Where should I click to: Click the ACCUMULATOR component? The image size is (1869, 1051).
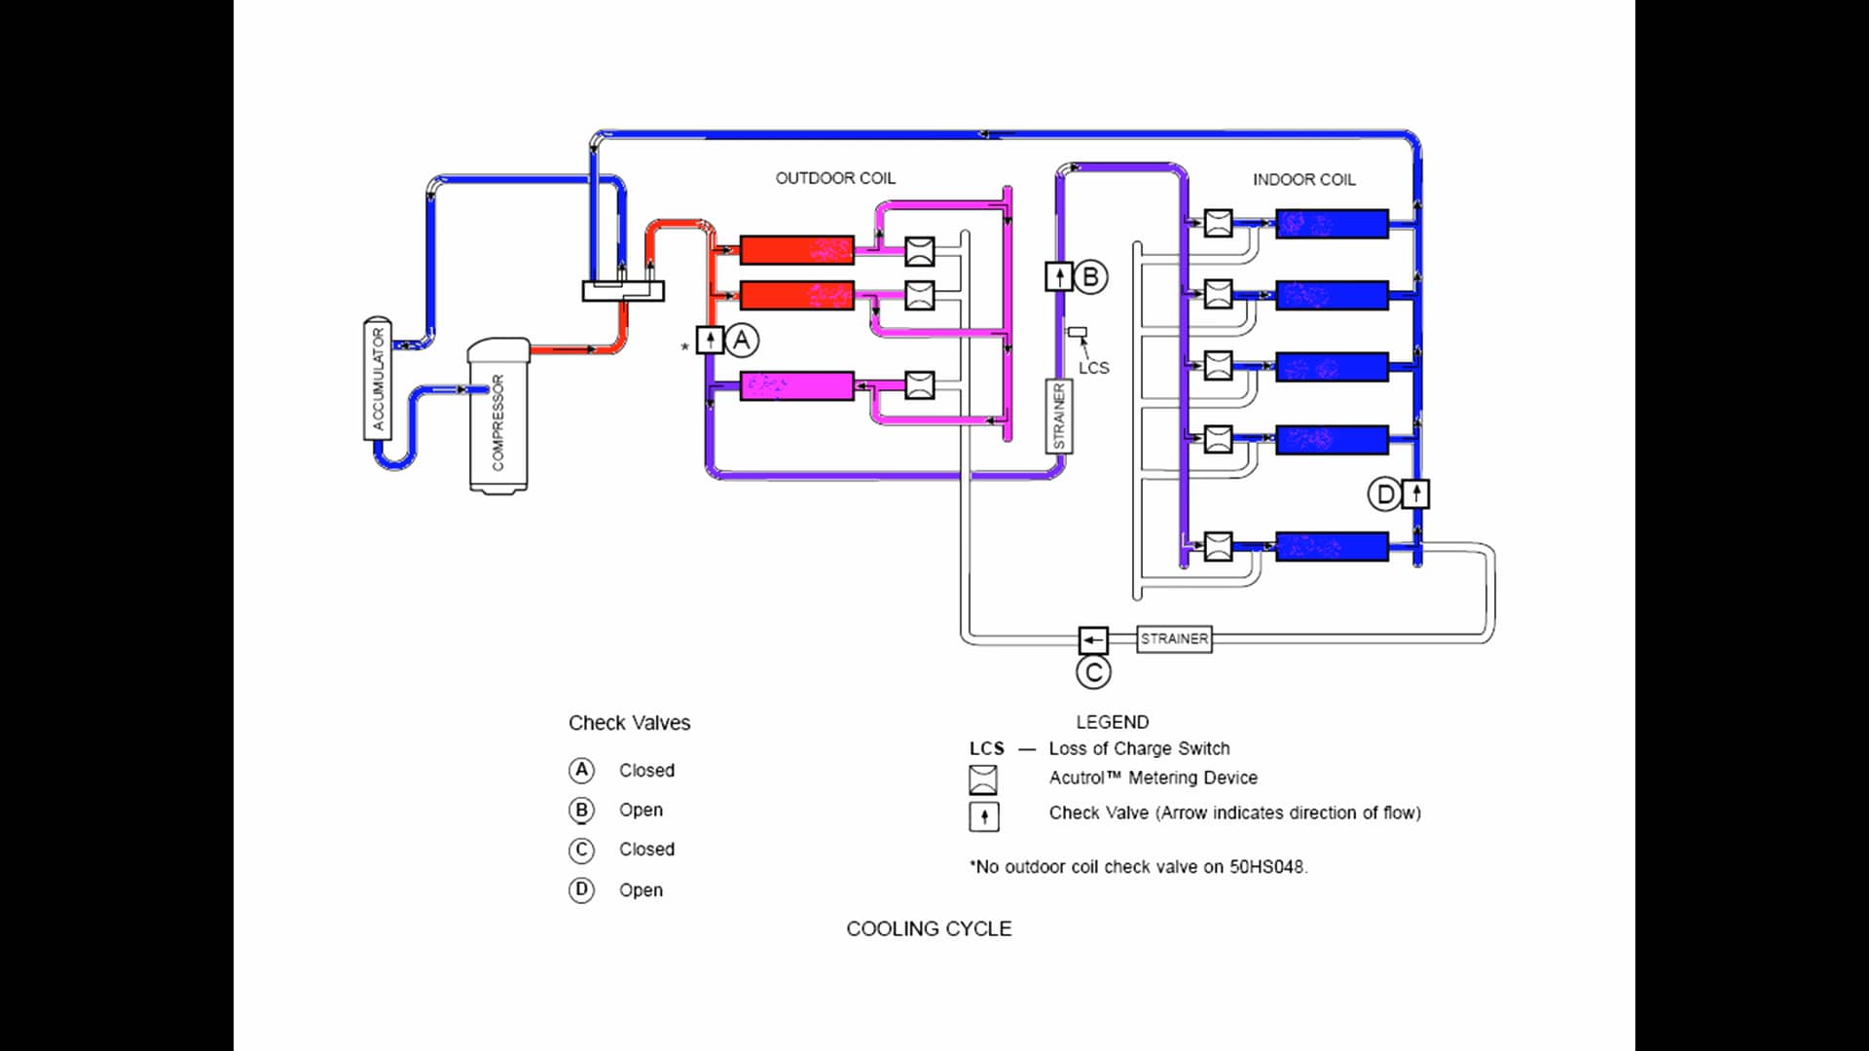[378, 379]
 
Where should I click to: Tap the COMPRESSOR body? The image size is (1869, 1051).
[498, 418]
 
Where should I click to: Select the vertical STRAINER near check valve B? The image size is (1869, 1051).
[1059, 417]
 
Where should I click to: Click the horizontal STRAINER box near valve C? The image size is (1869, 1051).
[1174, 639]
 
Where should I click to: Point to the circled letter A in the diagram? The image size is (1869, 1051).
[742, 341]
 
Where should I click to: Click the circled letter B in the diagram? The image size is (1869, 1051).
[1090, 277]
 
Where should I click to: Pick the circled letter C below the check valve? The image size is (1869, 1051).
[1093, 672]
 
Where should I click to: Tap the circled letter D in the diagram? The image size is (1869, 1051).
[1384, 494]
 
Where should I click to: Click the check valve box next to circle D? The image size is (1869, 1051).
[1416, 494]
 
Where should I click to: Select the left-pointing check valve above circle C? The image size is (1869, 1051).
[1093, 640]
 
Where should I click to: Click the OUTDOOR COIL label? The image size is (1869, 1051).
[835, 178]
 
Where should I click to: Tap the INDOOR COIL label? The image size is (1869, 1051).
[1303, 180]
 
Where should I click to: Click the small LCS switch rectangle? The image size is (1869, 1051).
[1077, 333]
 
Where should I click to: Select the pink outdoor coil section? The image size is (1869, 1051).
[796, 386]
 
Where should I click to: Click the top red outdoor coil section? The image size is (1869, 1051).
[796, 250]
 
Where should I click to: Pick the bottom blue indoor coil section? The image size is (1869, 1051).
[1331, 546]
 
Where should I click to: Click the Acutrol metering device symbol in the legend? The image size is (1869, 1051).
[983, 779]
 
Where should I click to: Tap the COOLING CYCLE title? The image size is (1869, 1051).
[929, 929]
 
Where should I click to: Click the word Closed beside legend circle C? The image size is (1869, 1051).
[646, 850]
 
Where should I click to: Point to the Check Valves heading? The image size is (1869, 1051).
[629, 723]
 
